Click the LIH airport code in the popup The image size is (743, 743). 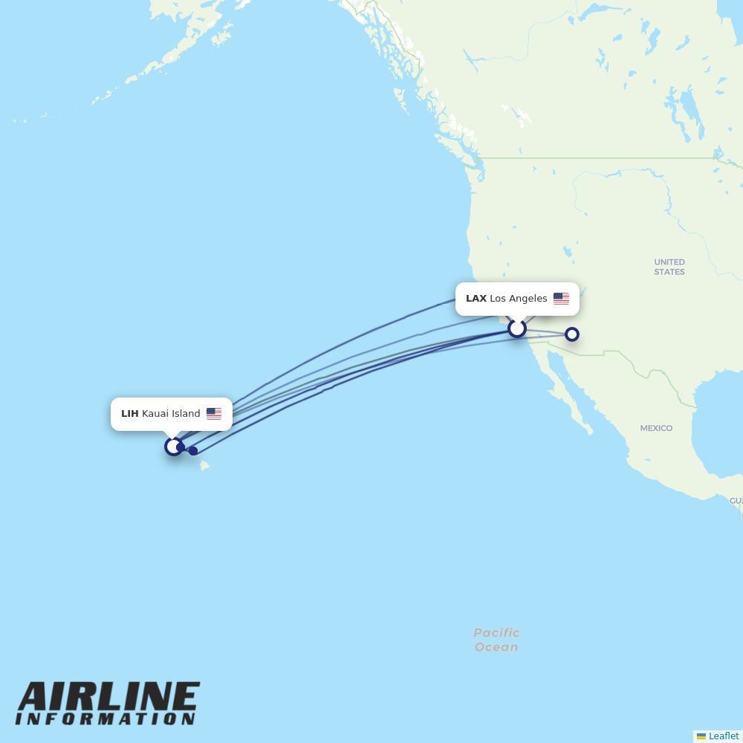(129, 414)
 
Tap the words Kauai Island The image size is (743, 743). (171, 414)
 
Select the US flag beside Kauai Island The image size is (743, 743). (214, 414)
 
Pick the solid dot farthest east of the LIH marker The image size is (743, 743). (193, 450)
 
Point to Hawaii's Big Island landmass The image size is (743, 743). (204, 466)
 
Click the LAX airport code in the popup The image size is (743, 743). (476, 299)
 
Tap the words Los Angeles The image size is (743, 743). (519, 299)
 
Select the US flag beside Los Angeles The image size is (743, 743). (561, 299)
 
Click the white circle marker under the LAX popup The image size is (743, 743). (517, 328)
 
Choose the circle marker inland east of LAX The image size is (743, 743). (572, 334)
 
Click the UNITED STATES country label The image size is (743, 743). (669, 267)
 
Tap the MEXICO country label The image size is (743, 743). (656, 428)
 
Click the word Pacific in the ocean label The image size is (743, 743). (496, 633)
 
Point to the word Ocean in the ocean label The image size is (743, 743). (496, 647)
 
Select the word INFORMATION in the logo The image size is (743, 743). (106, 719)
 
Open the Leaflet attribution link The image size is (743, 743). (724, 736)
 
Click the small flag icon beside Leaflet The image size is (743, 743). (701, 736)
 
